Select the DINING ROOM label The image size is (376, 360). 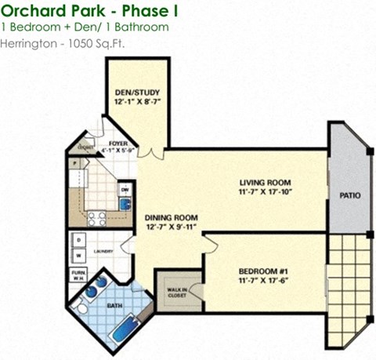click(x=170, y=217)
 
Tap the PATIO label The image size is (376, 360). click(x=350, y=195)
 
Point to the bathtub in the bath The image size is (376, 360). click(x=125, y=327)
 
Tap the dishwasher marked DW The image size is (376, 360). click(x=124, y=189)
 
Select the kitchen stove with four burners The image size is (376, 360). click(x=96, y=218)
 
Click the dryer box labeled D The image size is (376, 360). click(x=79, y=239)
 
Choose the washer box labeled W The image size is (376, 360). click(x=79, y=256)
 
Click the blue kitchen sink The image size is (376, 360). click(x=125, y=204)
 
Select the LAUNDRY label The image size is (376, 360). click(x=103, y=251)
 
